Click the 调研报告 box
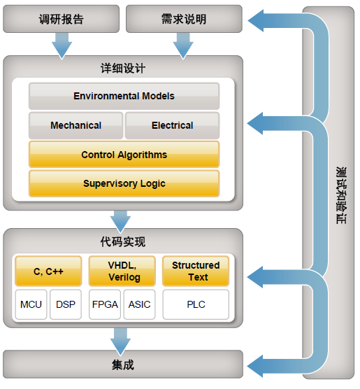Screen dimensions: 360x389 click(62, 19)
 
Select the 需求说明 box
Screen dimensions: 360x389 click(184, 19)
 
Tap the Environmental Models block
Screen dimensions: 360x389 click(124, 96)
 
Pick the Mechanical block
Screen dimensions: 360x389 click(76, 125)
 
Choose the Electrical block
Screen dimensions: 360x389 click(173, 125)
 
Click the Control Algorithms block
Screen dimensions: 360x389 click(124, 155)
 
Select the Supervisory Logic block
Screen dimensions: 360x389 click(124, 183)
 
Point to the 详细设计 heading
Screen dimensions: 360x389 click(123, 69)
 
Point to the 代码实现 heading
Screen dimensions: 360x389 click(123, 241)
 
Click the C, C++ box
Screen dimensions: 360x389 click(48, 271)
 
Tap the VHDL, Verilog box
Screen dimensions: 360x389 click(122, 271)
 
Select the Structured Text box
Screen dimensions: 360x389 click(196, 271)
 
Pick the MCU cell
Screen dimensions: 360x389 click(31, 304)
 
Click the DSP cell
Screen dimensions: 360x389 click(66, 304)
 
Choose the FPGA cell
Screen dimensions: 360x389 click(105, 304)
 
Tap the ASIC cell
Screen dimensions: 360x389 click(139, 304)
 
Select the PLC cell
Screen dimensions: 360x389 click(196, 304)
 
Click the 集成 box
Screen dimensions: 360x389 click(123, 365)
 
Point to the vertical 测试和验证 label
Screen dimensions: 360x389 click(341, 195)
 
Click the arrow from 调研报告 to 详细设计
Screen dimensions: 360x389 click(62, 46)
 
